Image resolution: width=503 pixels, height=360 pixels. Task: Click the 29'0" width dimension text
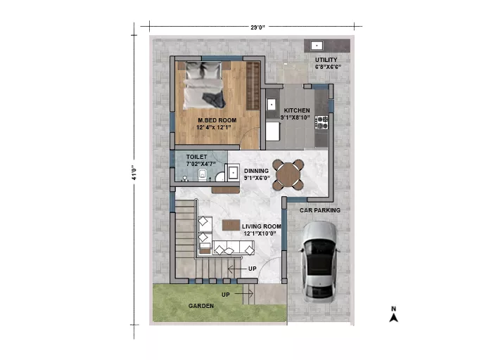(x=257, y=27)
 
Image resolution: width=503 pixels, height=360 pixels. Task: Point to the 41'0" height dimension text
(x=134, y=172)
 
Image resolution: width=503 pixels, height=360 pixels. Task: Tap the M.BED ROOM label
(x=217, y=120)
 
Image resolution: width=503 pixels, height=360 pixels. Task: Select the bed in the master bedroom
(x=204, y=85)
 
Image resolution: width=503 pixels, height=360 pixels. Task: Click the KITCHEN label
(x=297, y=110)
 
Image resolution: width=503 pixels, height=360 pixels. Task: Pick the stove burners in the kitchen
(x=321, y=122)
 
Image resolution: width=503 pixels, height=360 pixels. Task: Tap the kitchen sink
(x=272, y=104)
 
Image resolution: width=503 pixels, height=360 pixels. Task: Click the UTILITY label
(x=326, y=60)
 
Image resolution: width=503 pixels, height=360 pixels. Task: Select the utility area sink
(x=317, y=46)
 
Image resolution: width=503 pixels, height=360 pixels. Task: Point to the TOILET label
(x=197, y=157)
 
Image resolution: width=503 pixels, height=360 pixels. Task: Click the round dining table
(x=288, y=174)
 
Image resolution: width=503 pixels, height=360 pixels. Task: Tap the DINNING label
(x=256, y=171)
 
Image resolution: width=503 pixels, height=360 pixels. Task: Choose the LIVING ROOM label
(x=262, y=226)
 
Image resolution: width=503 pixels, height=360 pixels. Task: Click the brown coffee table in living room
(x=231, y=225)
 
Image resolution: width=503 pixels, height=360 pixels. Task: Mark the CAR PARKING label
(x=320, y=210)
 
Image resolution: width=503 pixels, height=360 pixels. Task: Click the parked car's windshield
(x=319, y=247)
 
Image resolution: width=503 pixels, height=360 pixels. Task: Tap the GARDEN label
(x=201, y=306)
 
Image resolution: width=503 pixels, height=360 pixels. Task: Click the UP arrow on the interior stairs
(x=234, y=269)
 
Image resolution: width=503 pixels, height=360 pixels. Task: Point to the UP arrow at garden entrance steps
(x=244, y=294)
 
